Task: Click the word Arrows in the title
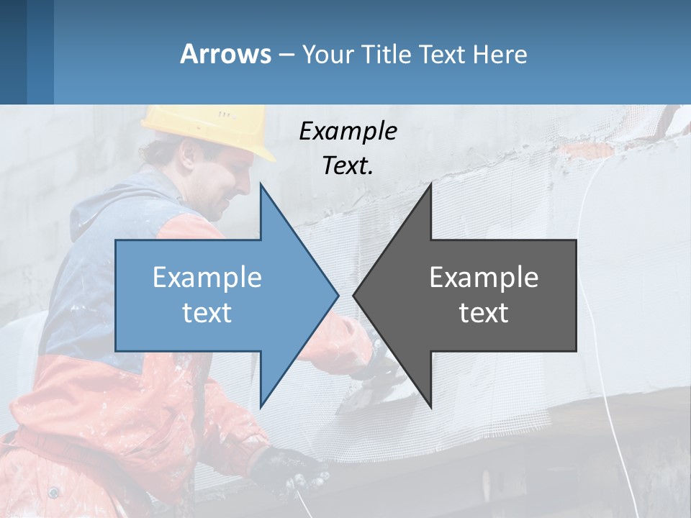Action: pyautogui.click(x=225, y=54)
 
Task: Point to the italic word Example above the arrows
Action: pyautogui.click(x=348, y=132)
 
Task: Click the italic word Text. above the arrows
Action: pyautogui.click(x=348, y=166)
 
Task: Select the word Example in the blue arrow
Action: pyautogui.click(x=207, y=277)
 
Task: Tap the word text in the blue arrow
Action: pyautogui.click(x=207, y=313)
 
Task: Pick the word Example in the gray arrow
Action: pyautogui.click(x=484, y=277)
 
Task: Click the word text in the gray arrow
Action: pyautogui.click(x=484, y=313)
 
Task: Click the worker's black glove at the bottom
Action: pyautogui.click(x=292, y=468)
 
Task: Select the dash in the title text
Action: pyautogui.click(x=286, y=55)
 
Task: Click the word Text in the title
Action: pyautogui.click(x=442, y=54)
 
